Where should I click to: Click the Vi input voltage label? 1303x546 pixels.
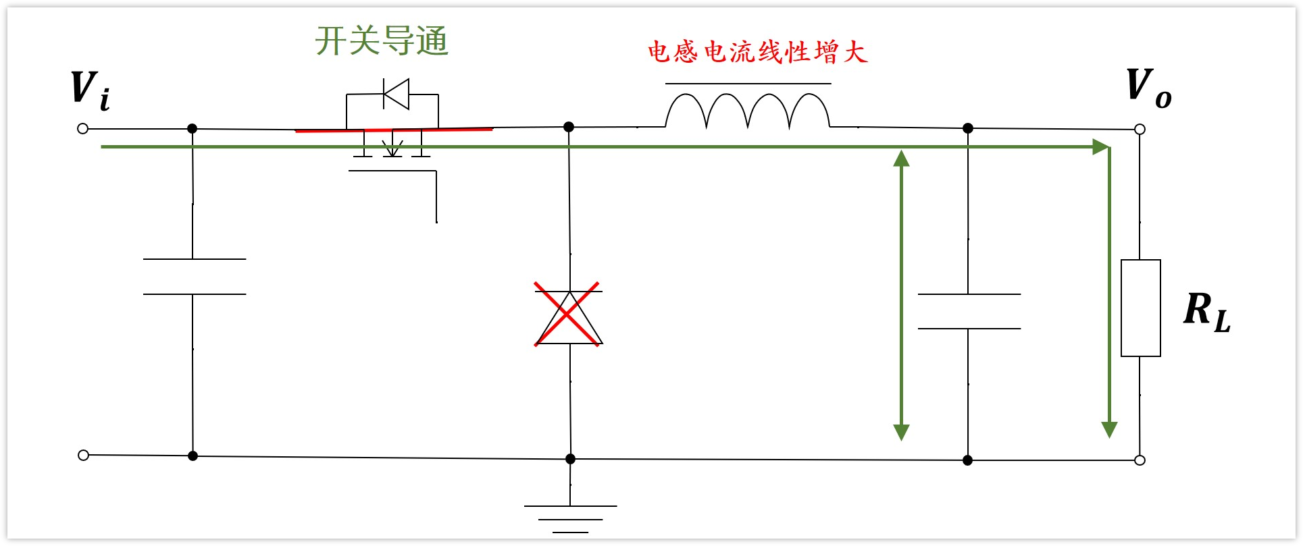tap(91, 90)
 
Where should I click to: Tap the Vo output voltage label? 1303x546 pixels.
tap(1148, 88)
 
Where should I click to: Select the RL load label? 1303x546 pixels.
tap(1206, 312)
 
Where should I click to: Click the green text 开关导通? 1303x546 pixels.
tap(382, 40)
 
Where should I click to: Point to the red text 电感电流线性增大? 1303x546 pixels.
tap(757, 52)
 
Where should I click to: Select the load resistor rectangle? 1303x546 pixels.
tap(1140, 308)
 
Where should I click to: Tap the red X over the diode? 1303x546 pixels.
tap(567, 315)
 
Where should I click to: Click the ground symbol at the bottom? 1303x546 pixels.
tap(570, 518)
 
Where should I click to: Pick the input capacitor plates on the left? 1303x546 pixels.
tap(194, 277)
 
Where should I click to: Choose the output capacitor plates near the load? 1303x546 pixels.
tap(969, 311)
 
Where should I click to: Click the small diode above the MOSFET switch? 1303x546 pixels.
tap(396, 94)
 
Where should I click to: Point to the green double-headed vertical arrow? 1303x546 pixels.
tap(901, 294)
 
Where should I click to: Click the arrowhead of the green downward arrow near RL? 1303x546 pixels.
tap(1109, 429)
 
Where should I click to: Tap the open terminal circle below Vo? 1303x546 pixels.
tap(1140, 129)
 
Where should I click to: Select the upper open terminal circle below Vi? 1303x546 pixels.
tap(83, 128)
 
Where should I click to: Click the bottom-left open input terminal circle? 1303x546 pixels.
tap(83, 455)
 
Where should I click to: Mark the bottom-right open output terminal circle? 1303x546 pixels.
tap(1140, 460)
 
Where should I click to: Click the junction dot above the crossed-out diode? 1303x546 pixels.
tap(569, 127)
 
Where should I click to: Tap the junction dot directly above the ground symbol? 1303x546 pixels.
tap(570, 459)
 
